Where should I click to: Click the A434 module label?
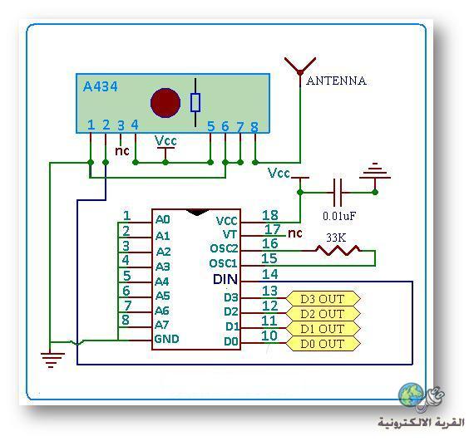click(100, 86)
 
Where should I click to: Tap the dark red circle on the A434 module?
click(165, 102)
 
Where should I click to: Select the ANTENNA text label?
click(336, 81)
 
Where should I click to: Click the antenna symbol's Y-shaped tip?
click(300, 71)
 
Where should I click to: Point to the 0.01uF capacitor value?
click(339, 216)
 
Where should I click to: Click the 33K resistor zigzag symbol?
click(338, 250)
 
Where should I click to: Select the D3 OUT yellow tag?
click(323, 298)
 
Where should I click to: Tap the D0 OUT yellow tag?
click(323, 344)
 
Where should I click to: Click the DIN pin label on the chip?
click(225, 279)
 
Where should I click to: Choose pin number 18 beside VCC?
click(269, 215)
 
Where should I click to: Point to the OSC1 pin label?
click(223, 263)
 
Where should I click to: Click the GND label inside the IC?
click(166, 339)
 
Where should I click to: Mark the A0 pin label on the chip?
click(163, 219)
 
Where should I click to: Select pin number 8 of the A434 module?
click(254, 127)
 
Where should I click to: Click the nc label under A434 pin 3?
click(122, 151)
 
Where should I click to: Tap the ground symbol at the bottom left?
click(52, 360)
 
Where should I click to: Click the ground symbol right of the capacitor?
click(375, 171)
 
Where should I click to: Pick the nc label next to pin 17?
click(295, 233)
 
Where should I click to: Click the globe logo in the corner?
click(412, 395)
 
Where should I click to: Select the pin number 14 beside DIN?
click(269, 274)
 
